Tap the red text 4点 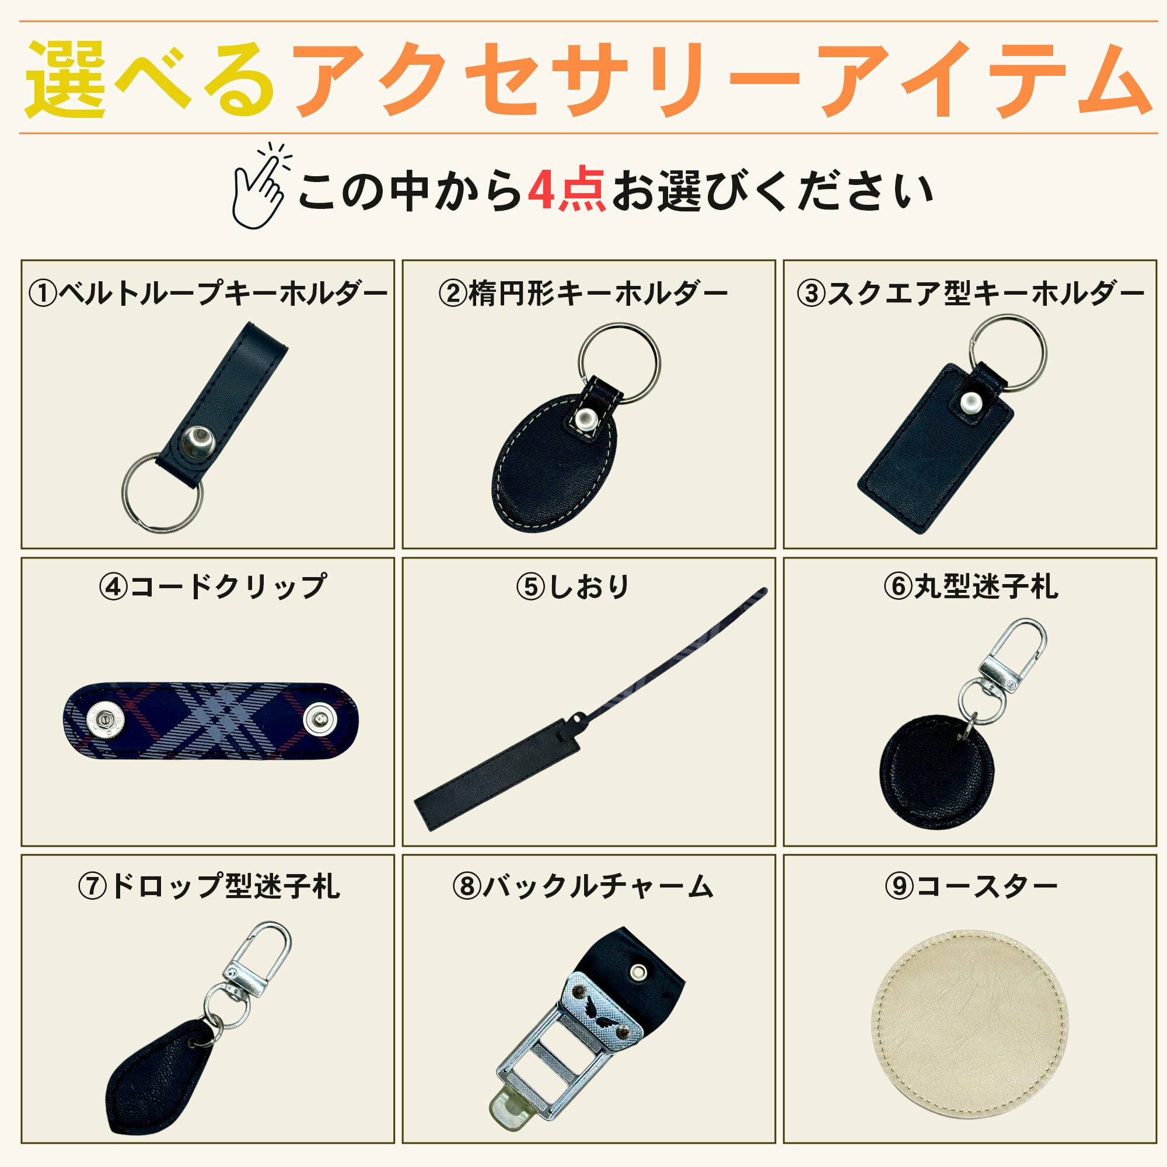tap(566, 191)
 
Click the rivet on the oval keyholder tap(585, 418)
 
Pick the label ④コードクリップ tap(212, 586)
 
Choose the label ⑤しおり tap(572, 586)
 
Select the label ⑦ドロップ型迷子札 tap(209, 886)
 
